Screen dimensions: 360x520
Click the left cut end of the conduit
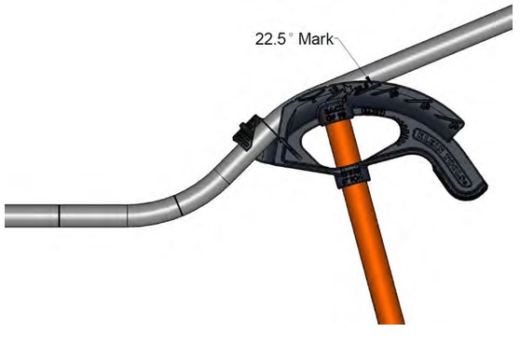click(6, 215)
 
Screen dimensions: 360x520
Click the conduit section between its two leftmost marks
click(93, 215)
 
